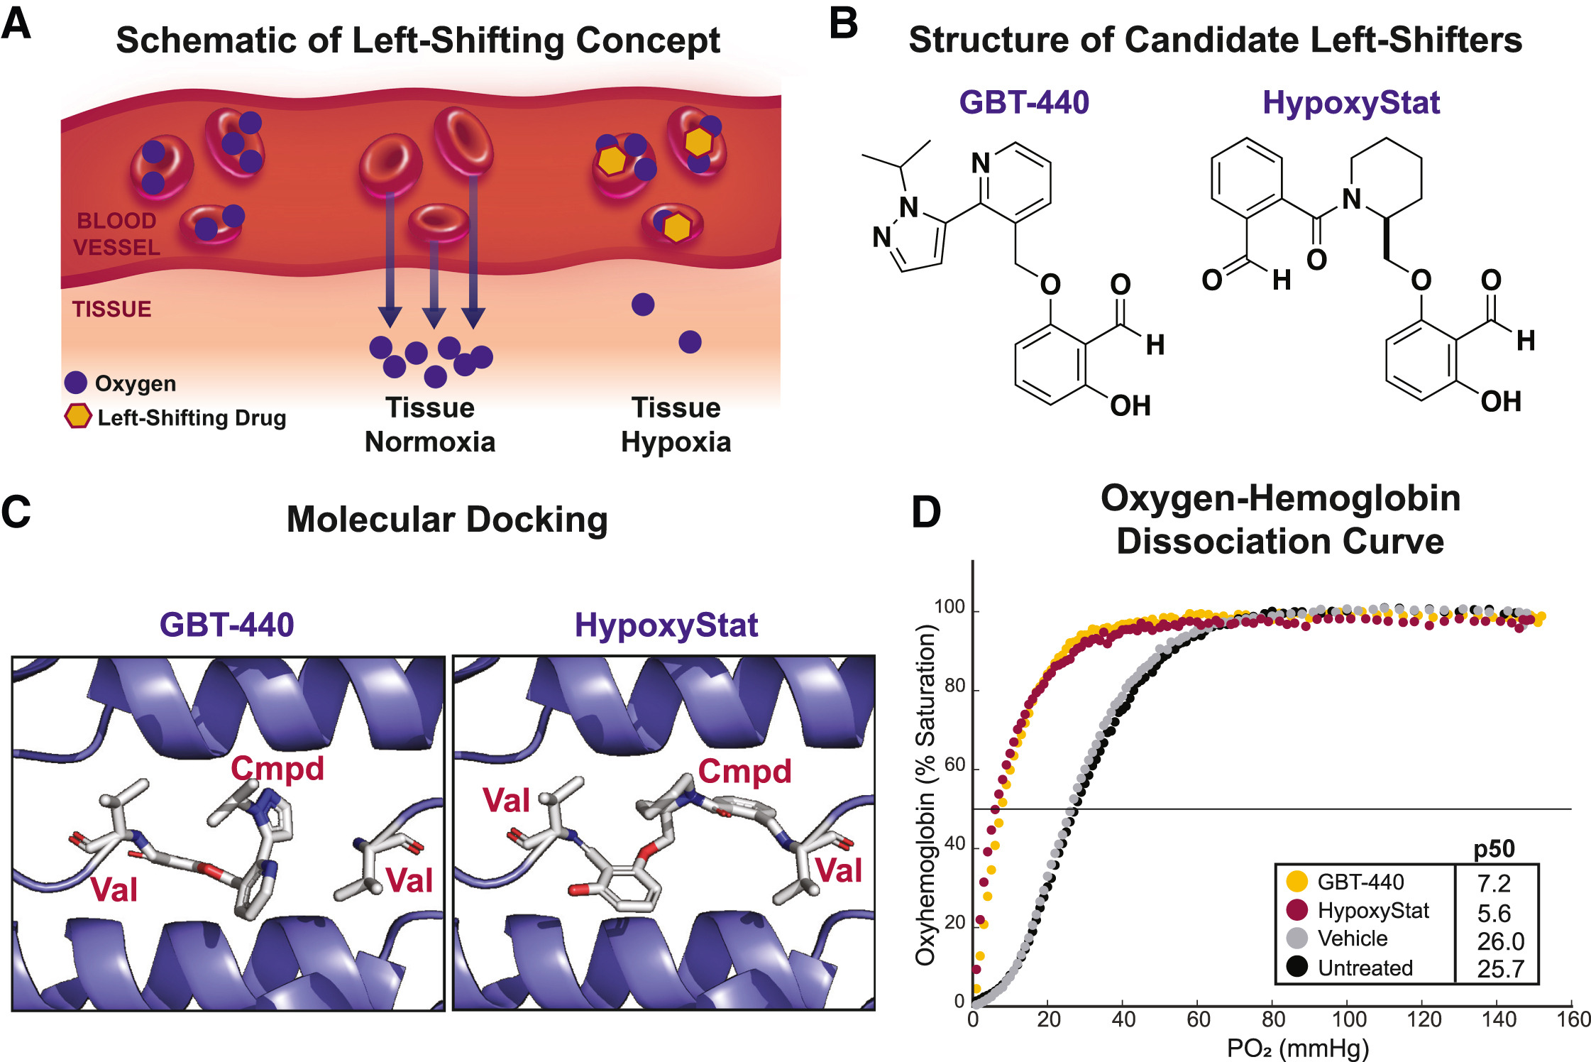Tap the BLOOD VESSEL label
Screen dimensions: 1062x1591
[116, 234]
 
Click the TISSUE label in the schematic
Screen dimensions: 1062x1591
[111, 310]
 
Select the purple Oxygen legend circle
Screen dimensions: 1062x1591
[76, 383]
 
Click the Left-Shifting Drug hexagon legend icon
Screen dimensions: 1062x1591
[77, 417]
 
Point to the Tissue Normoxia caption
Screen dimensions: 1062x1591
[430, 425]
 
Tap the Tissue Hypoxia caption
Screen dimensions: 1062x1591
[676, 425]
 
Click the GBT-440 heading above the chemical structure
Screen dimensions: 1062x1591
[1024, 103]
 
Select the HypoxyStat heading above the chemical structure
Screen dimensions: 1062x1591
[1351, 103]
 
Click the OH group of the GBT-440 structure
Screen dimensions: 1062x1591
[1130, 406]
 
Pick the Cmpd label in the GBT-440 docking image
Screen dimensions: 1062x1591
[277, 769]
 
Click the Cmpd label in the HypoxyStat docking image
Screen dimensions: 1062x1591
[744, 772]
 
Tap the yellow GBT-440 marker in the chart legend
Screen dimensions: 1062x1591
[1297, 882]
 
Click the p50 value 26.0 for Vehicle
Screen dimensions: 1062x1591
[1500, 941]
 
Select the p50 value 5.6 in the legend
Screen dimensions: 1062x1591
[1494, 913]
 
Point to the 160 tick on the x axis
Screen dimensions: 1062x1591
[1573, 1020]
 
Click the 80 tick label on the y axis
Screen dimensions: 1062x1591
[954, 686]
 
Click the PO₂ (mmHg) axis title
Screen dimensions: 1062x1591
[1298, 1048]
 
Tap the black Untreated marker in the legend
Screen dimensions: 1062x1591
[1297, 967]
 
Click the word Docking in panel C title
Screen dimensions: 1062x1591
[537, 520]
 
